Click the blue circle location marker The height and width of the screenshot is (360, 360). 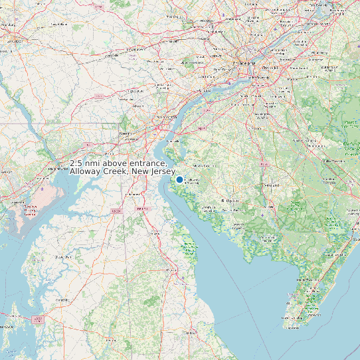click(x=179, y=179)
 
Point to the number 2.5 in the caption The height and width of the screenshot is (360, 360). click(x=78, y=163)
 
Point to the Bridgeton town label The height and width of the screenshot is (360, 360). click(x=230, y=199)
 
